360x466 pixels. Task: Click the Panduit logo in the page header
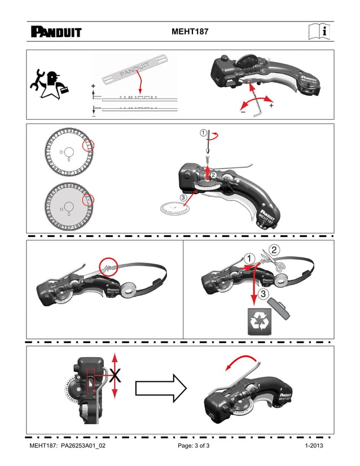coord(56,32)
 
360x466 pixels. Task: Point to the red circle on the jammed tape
coord(108,266)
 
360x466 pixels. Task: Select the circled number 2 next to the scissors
coord(274,249)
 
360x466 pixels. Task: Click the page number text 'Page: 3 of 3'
coord(194,446)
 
